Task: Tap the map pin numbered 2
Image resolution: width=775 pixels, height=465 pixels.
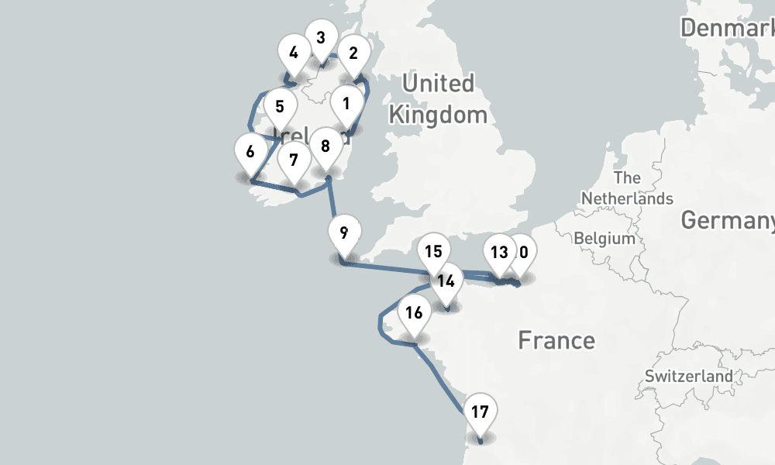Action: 353,54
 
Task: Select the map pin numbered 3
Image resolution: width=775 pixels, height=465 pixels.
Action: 320,37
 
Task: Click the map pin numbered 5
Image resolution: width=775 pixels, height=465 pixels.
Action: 280,107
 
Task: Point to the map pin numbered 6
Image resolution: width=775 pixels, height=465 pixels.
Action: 250,152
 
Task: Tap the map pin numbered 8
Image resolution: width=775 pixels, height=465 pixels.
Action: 325,146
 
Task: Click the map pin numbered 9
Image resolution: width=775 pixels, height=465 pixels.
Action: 343,232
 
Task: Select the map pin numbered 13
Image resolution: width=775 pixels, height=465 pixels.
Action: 499,252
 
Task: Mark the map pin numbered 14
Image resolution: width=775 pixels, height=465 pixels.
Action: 446,281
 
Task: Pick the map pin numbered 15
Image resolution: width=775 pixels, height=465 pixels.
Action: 433,252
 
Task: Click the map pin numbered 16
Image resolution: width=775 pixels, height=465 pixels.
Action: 414,314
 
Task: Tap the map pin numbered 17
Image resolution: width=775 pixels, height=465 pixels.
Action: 480,412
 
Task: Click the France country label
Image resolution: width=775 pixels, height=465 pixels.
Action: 556,340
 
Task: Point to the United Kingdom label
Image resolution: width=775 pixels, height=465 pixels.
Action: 438,99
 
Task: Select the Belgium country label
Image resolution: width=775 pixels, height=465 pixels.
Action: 605,238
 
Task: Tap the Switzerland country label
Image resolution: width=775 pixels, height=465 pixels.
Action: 688,376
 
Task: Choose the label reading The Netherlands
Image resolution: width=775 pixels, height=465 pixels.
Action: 627,188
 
